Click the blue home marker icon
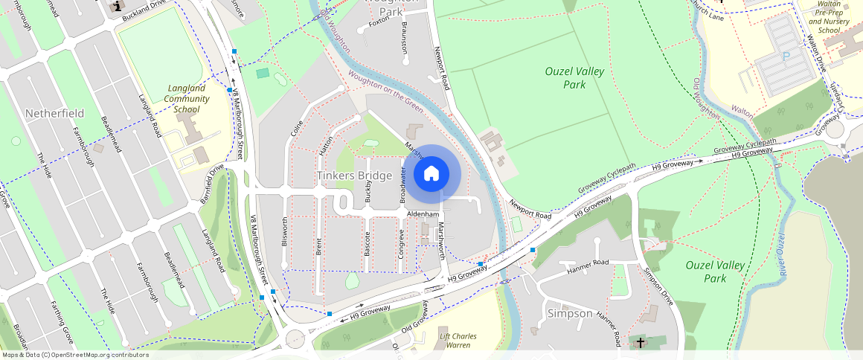(431, 174)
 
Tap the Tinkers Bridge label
(354, 176)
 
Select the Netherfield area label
(54, 113)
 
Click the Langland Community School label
(187, 98)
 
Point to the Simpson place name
(570, 313)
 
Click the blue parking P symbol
(785, 57)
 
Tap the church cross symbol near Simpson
(641, 343)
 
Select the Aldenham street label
(425, 213)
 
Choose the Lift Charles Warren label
(458, 341)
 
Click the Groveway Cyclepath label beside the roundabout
(745, 145)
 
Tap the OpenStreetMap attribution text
(74, 355)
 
